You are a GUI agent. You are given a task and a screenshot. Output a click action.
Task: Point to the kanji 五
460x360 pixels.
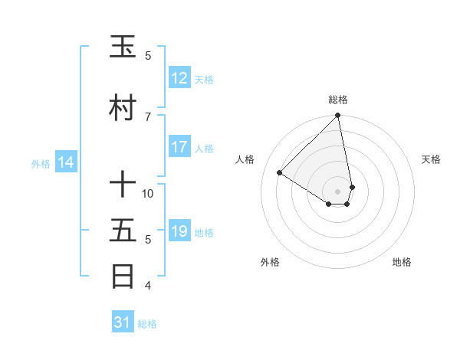pyautogui.click(x=124, y=231)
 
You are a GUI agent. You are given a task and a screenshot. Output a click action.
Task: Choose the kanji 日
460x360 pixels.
pyautogui.click(x=124, y=277)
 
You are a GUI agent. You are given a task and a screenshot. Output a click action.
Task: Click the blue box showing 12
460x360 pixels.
pyautogui.click(x=179, y=78)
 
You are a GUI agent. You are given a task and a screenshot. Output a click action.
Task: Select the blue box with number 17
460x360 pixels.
pyautogui.click(x=179, y=147)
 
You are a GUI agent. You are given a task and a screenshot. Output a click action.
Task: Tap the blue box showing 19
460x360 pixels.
pyautogui.click(x=179, y=231)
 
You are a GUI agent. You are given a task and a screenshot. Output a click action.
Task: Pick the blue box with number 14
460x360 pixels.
pyautogui.click(x=65, y=162)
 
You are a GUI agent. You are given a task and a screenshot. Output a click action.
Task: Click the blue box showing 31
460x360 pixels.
pyautogui.click(x=123, y=322)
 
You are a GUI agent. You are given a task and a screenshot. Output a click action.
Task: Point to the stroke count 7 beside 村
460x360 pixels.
pyautogui.click(x=148, y=116)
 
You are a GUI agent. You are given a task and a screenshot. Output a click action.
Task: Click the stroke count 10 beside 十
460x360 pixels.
pyautogui.click(x=148, y=193)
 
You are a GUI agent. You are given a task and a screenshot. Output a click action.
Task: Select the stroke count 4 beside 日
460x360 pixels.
pyautogui.click(x=148, y=286)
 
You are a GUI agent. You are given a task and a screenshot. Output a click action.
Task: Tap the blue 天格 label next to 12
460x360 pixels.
pyautogui.click(x=203, y=79)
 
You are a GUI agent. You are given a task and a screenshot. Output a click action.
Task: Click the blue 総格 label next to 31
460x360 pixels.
pyautogui.click(x=147, y=323)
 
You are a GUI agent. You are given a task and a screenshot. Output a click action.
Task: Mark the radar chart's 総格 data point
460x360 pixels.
pyautogui.click(x=338, y=116)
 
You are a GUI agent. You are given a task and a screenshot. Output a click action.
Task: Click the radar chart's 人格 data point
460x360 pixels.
pyautogui.click(x=280, y=172)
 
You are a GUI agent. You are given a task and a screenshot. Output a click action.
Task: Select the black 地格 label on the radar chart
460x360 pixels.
pyautogui.click(x=402, y=262)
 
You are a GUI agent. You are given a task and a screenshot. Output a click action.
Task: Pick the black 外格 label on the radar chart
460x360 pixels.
pyautogui.click(x=270, y=262)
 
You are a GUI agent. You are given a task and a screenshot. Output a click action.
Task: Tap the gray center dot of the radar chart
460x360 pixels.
pyautogui.click(x=338, y=191)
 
